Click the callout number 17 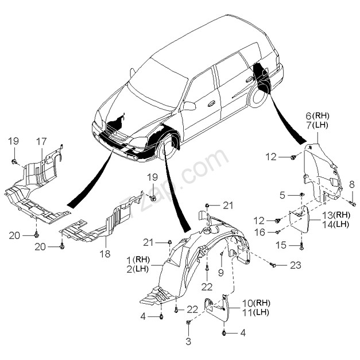[41, 141]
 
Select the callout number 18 [105, 254]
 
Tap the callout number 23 [296, 265]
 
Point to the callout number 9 [220, 273]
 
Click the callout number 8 [352, 185]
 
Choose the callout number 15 [281, 245]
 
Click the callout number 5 [282, 195]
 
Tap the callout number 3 [188, 341]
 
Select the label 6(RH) [318, 116]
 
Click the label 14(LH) [335, 224]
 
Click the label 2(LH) [138, 269]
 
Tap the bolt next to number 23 [273, 265]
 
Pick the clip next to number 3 [188, 323]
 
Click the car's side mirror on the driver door [189, 106]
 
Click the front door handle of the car [211, 104]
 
